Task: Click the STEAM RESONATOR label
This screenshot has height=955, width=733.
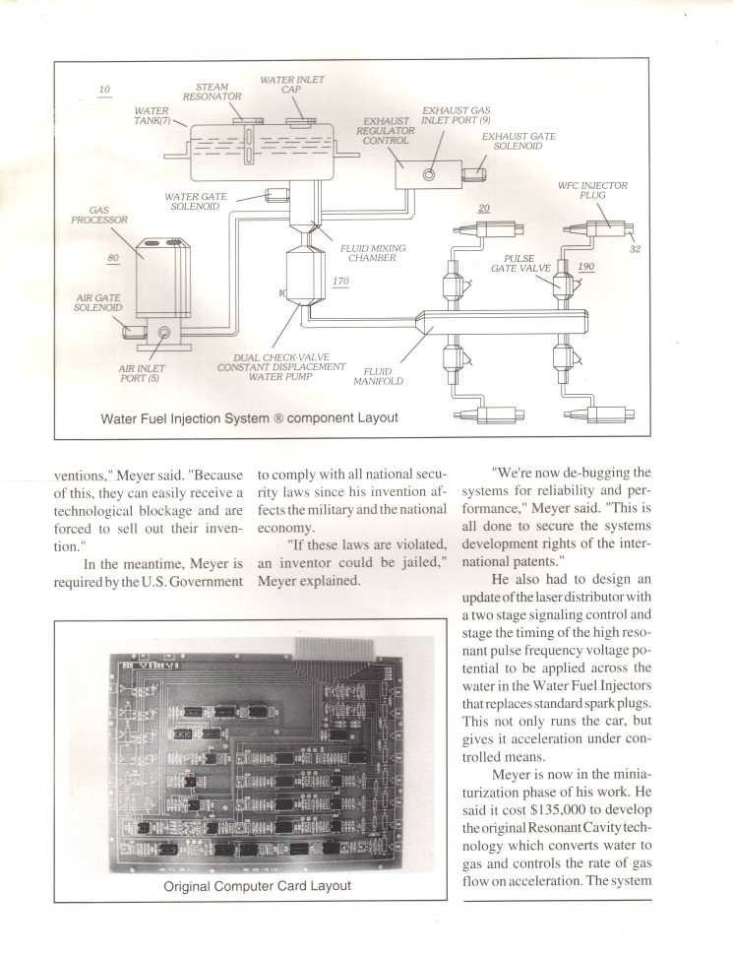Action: (212, 93)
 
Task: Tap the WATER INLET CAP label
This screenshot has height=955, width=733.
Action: (292, 85)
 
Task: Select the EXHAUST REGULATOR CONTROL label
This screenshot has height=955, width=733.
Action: (379, 130)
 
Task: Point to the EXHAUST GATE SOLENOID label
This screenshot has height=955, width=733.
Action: (519, 141)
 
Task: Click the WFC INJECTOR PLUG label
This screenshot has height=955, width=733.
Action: (599, 190)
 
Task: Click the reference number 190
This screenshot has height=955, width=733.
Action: (586, 267)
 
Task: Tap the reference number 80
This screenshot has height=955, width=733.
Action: (114, 258)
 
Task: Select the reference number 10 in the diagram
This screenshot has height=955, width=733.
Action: (104, 91)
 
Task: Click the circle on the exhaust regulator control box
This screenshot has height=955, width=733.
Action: (429, 174)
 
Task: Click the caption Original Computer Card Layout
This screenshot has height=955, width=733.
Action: (257, 886)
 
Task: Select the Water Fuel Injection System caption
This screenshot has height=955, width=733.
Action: (249, 417)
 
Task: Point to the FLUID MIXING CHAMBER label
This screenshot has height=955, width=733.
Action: (373, 253)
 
